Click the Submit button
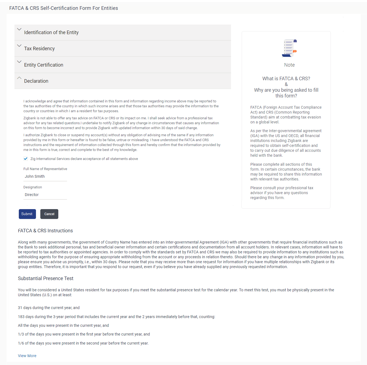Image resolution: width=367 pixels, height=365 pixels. [x=27, y=214]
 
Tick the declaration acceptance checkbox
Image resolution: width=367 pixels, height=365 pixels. [x=26, y=159]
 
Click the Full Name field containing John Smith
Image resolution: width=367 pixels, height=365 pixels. [x=45, y=176]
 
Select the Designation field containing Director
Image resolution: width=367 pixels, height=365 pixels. [x=45, y=195]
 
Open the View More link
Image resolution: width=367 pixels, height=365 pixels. [x=27, y=356]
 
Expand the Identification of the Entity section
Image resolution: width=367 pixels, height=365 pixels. [x=51, y=32]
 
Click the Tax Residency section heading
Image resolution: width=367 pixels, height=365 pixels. [x=39, y=49]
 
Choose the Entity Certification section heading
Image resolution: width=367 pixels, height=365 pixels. [x=44, y=65]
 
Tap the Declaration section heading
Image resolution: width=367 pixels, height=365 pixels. [x=36, y=81]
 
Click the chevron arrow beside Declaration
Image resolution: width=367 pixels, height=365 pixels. [x=19, y=78]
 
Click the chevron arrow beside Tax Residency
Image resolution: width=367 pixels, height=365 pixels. [x=19, y=46]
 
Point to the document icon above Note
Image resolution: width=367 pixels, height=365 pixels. [x=289, y=48]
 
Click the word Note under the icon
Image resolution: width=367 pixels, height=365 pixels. [x=289, y=65]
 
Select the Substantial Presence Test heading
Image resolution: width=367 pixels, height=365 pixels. [x=46, y=278]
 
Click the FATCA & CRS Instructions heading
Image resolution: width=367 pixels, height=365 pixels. [x=45, y=231]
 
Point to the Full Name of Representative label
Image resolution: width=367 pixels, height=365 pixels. [x=45, y=169]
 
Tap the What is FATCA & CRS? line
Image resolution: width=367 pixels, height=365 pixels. [x=286, y=79]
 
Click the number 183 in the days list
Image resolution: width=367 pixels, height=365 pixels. [x=21, y=317]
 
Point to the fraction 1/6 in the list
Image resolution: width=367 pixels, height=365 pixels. [x=21, y=343]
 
